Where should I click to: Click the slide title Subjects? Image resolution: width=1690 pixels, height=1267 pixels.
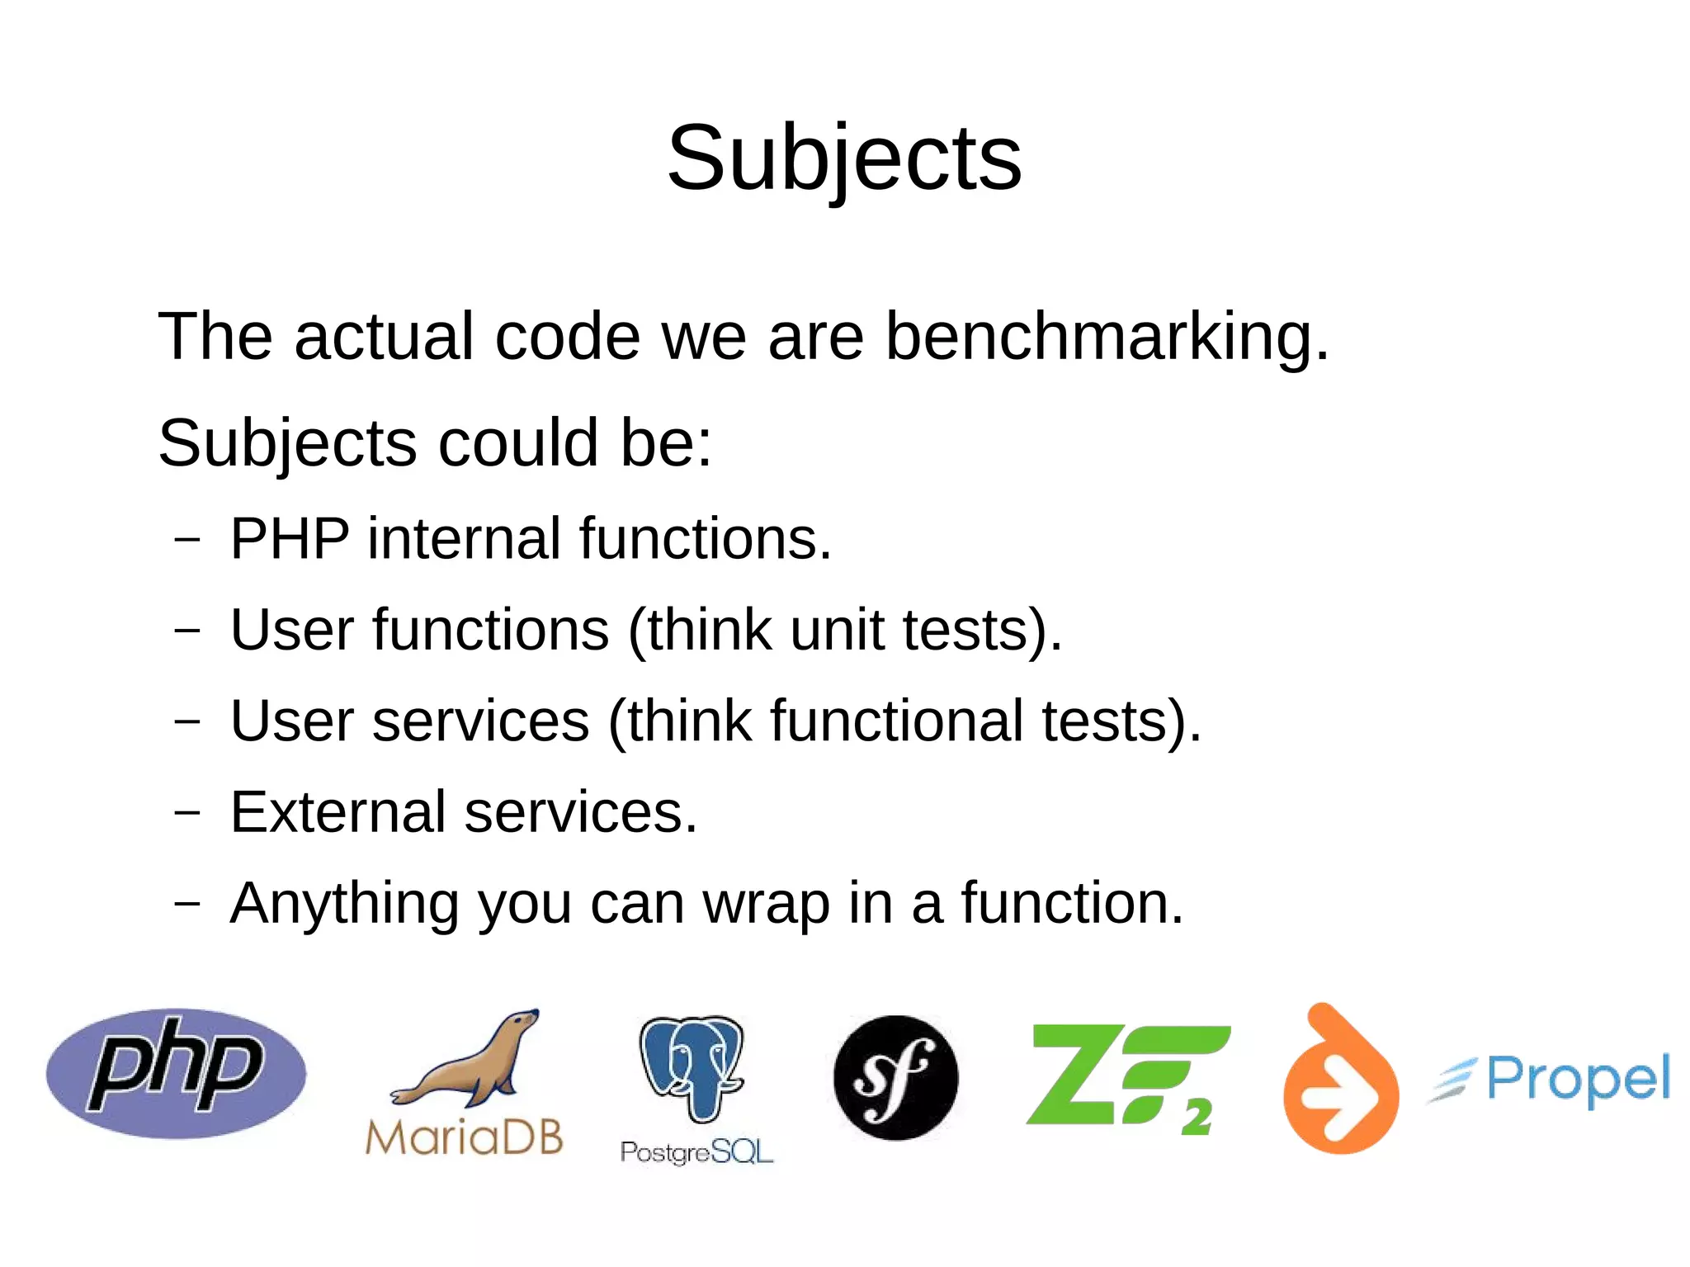tap(844, 158)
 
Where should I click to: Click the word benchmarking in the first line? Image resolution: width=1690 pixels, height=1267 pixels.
tap(1107, 338)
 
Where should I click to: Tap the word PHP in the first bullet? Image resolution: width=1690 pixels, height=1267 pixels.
tap(290, 539)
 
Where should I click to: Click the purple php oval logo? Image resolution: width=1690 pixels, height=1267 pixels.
tap(176, 1073)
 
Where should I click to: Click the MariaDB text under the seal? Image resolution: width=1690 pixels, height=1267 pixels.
tap(464, 1137)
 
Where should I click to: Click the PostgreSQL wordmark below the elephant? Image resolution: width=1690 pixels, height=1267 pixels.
tap(696, 1151)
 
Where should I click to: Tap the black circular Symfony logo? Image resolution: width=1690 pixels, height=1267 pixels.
tap(896, 1077)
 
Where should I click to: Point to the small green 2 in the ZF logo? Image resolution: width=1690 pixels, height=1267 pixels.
tap(1196, 1118)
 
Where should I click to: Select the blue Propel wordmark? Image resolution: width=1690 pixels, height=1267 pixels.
tap(1578, 1079)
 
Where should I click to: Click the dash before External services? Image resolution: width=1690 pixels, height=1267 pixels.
tap(187, 812)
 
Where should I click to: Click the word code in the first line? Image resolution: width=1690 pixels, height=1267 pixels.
tap(567, 338)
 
